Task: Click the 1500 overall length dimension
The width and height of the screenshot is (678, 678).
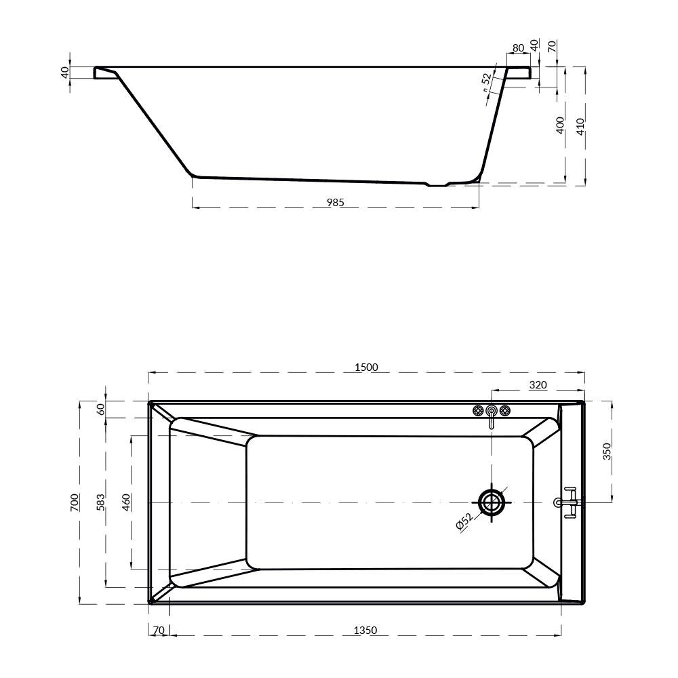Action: (x=366, y=367)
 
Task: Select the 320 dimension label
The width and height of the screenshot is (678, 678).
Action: (x=538, y=385)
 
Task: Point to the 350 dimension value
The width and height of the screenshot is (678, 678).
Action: (x=607, y=451)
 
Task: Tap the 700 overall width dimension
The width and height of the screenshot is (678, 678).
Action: (x=75, y=502)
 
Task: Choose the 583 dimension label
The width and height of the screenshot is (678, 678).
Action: (x=100, y=502)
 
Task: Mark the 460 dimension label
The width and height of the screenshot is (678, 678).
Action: (x=125, y=502)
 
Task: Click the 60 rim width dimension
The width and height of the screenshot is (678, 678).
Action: (x=101, y=409)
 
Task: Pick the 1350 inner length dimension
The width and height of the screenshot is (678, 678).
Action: (x=365, y=631)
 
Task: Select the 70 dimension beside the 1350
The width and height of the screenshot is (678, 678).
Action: (x=159, y=631)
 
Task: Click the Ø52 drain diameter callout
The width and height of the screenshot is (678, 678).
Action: (x=464, y=521)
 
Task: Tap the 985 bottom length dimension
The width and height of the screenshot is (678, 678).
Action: (x=336, y=202)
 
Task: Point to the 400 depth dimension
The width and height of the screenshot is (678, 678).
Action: (x=560, y=125)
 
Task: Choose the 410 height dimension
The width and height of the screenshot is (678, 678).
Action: (x=580, y=125)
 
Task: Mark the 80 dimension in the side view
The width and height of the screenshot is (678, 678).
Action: (x=518, y=47)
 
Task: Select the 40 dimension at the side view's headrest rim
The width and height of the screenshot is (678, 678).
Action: (x=65, y=72)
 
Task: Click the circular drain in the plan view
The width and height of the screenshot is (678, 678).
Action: (x=492, y=502)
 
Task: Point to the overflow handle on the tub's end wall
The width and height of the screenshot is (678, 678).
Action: (x=568, y=502)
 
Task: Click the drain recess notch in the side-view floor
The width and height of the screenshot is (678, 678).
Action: (x=437, y=184)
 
